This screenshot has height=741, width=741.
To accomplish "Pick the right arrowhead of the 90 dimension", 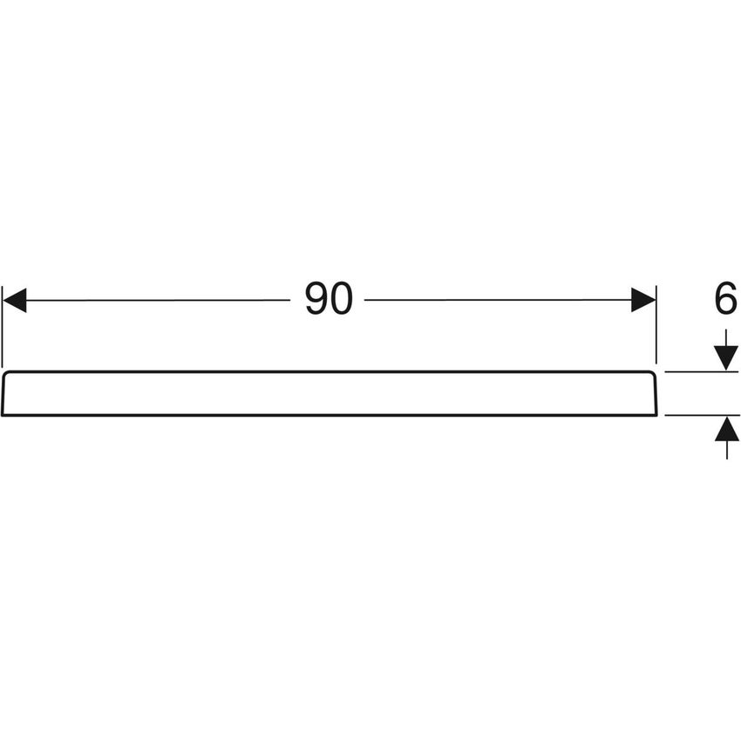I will point(643,301).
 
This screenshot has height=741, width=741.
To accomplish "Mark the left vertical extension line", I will point(3,327).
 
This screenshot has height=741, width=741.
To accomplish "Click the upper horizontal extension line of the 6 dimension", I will point(697,371).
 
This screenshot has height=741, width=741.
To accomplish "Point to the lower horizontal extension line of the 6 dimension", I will point(697,415).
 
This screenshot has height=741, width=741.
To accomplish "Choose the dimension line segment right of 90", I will point(497,301).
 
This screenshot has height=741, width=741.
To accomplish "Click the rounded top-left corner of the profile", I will point(6,374).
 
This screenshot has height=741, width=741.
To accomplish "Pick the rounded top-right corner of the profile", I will point(652,374).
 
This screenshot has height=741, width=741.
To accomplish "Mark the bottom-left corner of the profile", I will point(3,414).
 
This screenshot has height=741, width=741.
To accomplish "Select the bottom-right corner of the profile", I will point(656,414).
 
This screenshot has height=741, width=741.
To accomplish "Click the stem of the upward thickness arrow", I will point(726,449).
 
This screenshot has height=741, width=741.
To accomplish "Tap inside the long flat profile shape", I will point(329,393).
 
